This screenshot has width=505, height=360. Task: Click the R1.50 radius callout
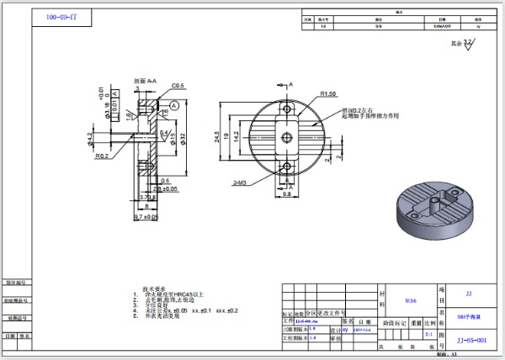tap(327, 94)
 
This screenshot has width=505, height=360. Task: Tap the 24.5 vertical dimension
tap(217, 136)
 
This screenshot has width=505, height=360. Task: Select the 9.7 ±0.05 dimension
tap(146, 216)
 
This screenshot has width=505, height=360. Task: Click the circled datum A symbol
tap(173, 104)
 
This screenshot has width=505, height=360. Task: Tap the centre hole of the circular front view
tap(287, 137)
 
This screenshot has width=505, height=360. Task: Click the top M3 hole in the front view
tap(287, 109)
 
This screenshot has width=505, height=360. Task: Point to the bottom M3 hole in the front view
tap(287, 166)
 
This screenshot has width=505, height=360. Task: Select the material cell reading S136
tap(411, 299)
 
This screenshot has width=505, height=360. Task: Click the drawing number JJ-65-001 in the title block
tap(470, 340)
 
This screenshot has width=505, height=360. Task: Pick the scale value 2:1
tap(429, 333)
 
